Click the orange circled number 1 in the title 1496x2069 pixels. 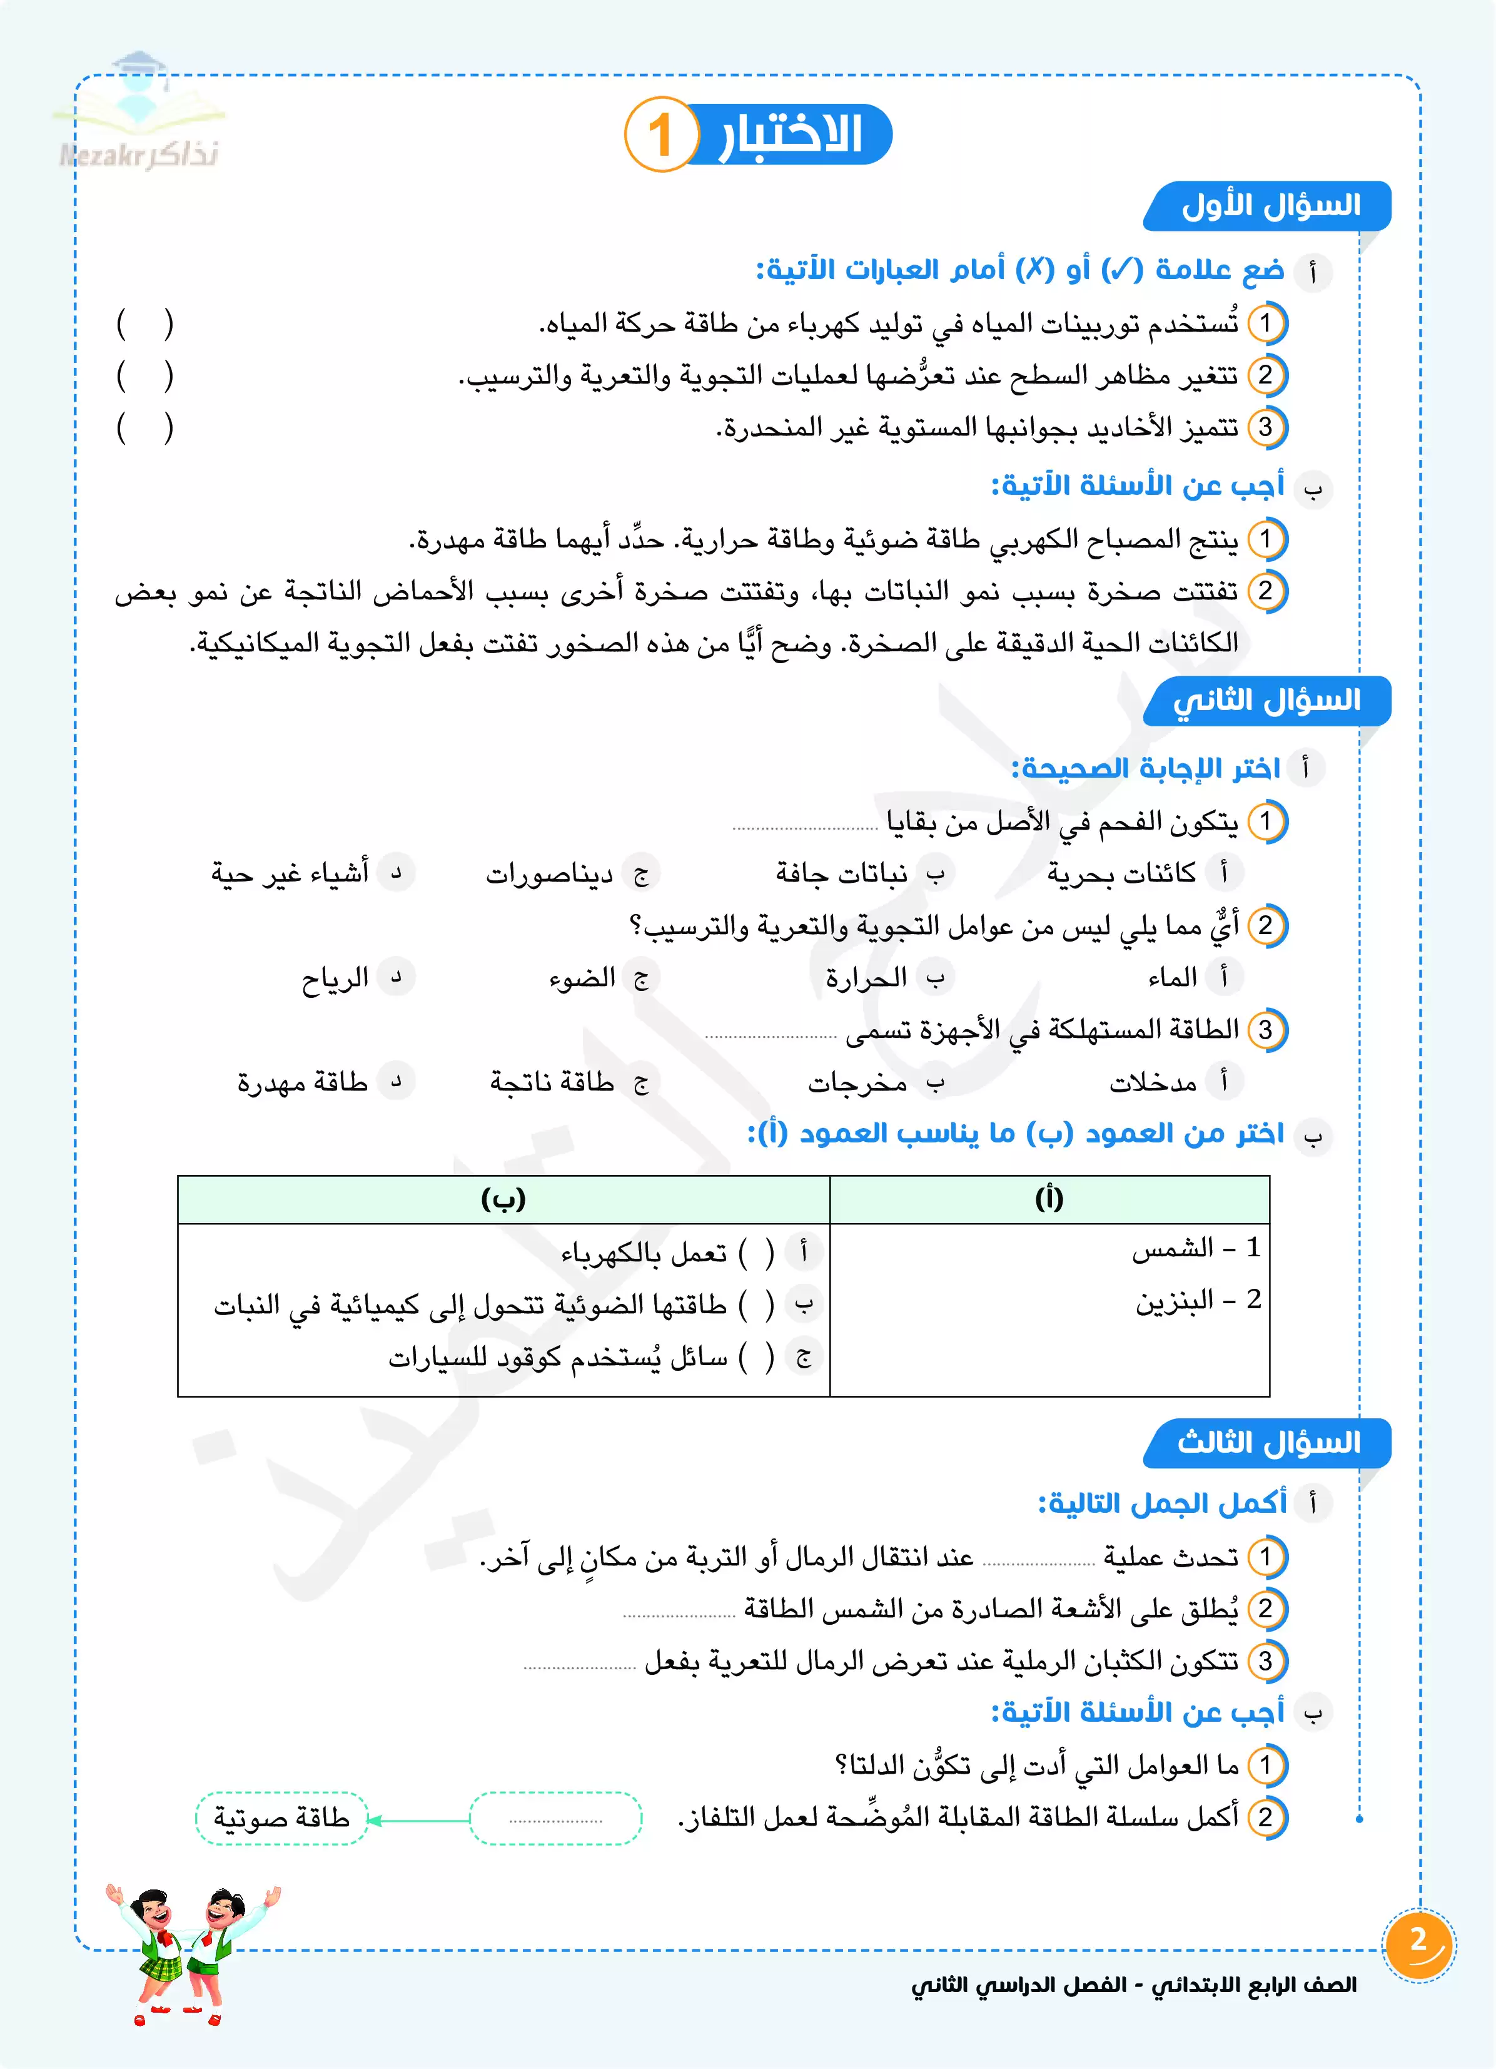tap(660, 135)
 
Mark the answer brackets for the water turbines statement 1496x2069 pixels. tap(144, 324)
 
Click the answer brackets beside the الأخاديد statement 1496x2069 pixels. tap(144, 428)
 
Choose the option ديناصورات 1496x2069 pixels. tap(549, 874)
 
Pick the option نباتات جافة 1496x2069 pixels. tap(841, 874)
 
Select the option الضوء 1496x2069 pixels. tap(582, 978)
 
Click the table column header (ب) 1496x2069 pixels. tap(503, 1199)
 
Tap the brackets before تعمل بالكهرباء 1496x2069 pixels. tap(756, 1253)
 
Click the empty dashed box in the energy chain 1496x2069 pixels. tap(555, 1818)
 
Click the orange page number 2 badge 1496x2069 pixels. tap(1418, 1943)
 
